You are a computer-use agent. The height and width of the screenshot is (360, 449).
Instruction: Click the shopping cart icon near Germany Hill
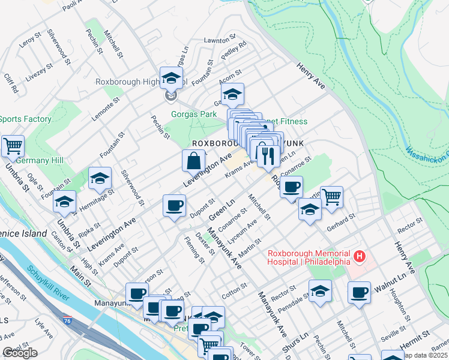(x=13, y=146)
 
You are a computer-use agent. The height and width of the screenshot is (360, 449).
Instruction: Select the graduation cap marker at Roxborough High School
(x=171, y=78)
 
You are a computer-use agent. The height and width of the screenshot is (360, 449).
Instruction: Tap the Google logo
(x=20, y=353)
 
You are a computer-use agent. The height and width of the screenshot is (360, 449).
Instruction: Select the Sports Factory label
(x=25, y=119)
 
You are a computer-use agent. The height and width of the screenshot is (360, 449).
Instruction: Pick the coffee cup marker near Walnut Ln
(x=360, y=292)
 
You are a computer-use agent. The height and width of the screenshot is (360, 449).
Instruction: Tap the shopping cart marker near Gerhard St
(x=331, y=197)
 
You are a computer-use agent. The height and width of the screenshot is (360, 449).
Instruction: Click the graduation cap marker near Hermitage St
(x=100, y=178)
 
